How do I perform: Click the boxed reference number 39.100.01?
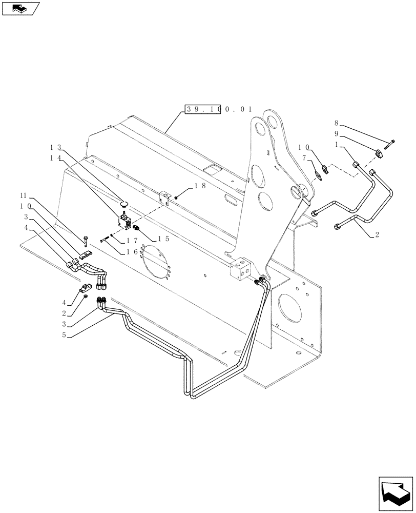[202, 109]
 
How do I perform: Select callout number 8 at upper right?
[336, 123]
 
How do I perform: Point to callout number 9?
[336, 138]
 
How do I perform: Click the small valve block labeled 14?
[123, 223]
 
